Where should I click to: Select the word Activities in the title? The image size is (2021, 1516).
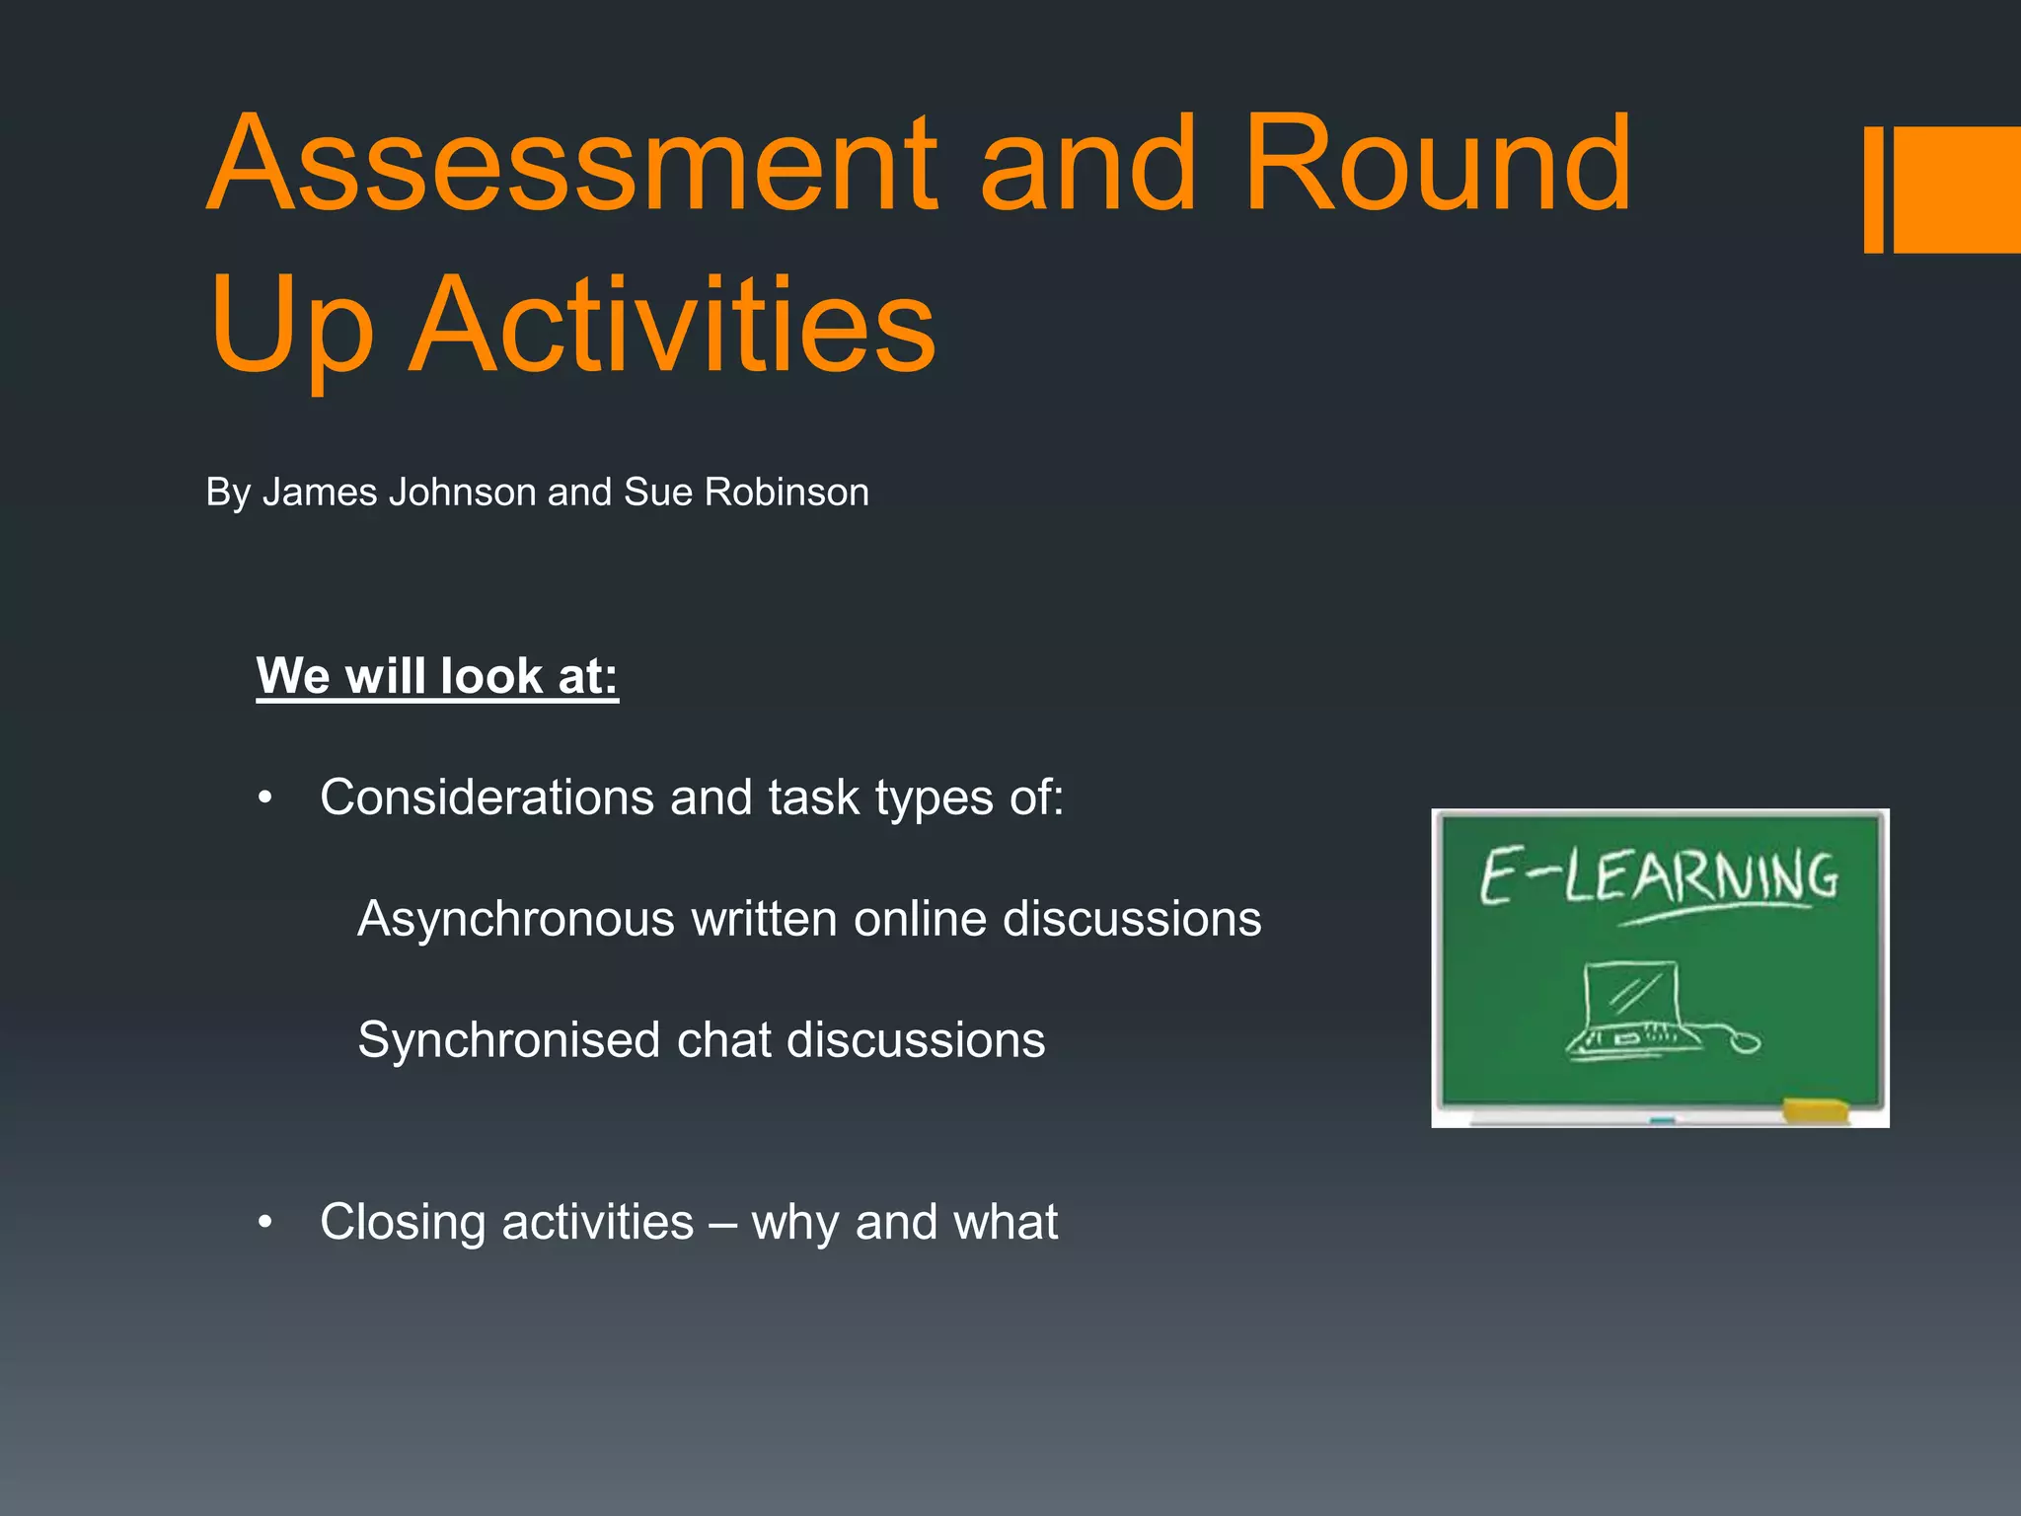673,326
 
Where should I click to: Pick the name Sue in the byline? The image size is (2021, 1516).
657,493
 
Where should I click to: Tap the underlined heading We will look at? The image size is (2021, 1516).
437,677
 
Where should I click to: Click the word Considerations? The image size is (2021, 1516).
487,797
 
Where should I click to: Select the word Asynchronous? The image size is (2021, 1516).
516,920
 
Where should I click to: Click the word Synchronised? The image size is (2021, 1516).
509,1040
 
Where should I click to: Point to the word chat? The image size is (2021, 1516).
724,1040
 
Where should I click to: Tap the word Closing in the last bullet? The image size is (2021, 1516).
408,1223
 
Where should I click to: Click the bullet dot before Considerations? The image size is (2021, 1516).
264,798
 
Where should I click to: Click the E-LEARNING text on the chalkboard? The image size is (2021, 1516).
1658,876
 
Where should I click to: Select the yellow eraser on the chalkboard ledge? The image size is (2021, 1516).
1815,1110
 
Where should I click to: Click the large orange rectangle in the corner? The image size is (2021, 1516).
1957,189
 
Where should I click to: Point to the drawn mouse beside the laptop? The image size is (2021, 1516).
1745,1041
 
